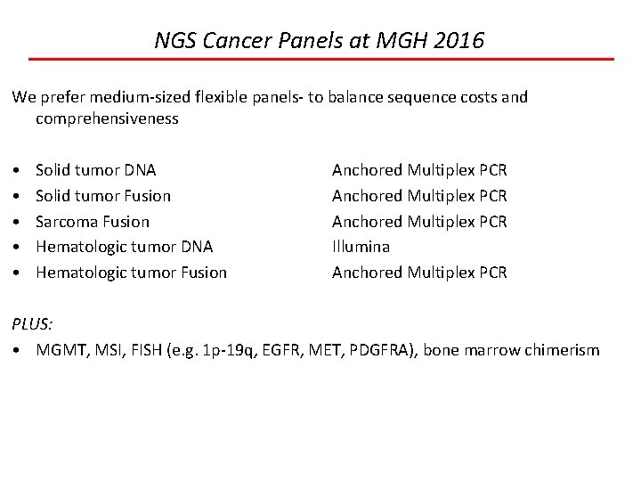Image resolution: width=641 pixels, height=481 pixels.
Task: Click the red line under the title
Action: (320, 59)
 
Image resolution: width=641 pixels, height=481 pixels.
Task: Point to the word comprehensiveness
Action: (107, 118)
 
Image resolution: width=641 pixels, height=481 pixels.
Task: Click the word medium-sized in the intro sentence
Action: (128, 96)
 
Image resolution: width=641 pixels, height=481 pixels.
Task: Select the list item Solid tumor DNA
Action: (95, 169)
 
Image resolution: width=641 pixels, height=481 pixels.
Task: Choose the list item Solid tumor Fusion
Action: (103, 195)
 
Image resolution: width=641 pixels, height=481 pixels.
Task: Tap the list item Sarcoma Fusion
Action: (93, 221)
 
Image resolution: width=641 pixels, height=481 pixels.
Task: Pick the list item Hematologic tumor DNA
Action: (124, 247)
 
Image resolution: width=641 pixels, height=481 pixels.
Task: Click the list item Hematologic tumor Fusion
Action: (131, 273)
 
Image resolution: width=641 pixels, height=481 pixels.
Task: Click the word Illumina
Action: (361, 247)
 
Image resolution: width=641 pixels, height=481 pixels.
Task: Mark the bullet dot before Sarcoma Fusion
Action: (17, 221)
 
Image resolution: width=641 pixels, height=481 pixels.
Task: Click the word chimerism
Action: (564, 350)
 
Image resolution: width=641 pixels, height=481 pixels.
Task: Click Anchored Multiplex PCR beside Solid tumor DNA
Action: (419, 169)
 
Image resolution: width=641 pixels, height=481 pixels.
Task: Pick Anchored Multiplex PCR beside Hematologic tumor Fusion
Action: (419, 273)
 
